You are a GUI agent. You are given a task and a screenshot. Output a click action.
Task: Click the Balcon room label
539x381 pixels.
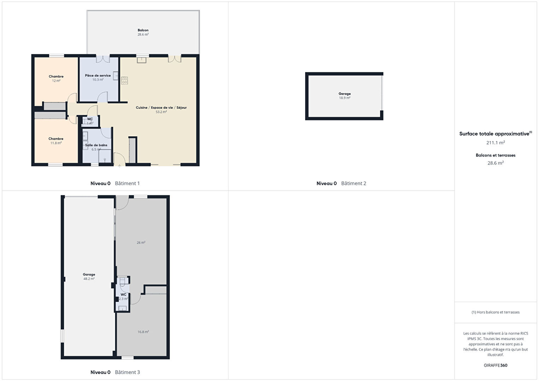tap(143, 30)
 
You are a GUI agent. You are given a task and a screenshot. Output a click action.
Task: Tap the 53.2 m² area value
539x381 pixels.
tap(161, 112)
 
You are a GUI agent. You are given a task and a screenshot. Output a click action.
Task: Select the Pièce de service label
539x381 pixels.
tap(98, 76)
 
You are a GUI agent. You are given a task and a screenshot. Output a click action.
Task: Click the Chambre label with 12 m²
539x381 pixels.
tap(56, 77)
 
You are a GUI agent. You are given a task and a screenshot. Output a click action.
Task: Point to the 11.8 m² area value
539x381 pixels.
tap(56, 143)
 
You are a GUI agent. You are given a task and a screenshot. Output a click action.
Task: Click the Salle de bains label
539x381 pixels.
tap(96, 145)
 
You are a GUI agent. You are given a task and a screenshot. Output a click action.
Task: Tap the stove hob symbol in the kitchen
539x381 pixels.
tap(124, 81)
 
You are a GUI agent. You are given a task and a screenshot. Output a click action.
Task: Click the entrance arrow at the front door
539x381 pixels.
tap(120, 166)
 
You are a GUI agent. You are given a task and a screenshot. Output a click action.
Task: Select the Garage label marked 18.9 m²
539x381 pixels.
tap(345, 94)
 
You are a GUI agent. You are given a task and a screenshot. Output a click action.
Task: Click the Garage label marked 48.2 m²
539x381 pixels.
tap(89, 274)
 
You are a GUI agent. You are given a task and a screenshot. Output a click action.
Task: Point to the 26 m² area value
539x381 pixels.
tap(141, 243)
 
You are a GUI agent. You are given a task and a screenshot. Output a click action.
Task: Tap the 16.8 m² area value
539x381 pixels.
tap(143, 332)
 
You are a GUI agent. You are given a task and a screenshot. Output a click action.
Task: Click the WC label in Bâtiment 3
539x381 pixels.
tap(123, 294)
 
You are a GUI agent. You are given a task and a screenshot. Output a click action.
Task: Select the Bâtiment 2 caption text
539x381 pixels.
tap(354, 183)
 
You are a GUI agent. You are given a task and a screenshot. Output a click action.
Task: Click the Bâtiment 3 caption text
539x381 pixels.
tap(127, 372)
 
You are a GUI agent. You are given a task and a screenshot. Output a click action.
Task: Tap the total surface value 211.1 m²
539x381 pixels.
tap(496, 143)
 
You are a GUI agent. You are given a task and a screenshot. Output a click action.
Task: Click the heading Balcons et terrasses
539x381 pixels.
tap(496, 155)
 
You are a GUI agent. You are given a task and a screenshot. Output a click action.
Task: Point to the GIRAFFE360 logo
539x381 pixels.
tap(496, 365)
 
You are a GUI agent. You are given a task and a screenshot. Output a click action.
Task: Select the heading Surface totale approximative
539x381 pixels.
tap(494, 134)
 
